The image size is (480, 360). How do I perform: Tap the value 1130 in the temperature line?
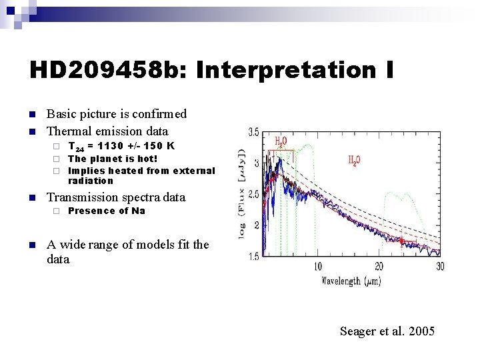(117, 145)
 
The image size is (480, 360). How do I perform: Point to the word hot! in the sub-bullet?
(145, 159)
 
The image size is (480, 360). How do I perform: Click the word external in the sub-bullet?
(194, 170)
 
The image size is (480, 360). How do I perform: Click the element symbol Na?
(138, 211)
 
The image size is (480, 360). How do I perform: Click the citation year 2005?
(421, 331)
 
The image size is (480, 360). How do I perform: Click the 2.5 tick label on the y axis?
(253, 194)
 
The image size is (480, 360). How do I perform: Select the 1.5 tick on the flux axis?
(253, 256)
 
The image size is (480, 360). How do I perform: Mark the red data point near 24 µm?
(402, 242)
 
